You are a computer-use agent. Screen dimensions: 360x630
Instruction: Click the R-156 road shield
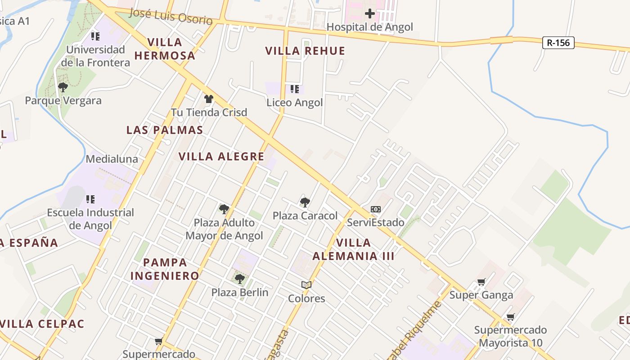(x=558, y=43)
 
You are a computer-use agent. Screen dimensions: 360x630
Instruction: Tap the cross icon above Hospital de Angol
(x=369, y=13)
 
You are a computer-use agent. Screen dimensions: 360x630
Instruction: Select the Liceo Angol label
(x=295, y=103)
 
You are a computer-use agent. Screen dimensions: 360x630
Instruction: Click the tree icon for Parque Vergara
(x=63, y=87)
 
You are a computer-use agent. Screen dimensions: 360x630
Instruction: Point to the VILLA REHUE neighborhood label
(x=305, y=51)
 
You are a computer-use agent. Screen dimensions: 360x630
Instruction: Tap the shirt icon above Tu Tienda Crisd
(x=208, y=99)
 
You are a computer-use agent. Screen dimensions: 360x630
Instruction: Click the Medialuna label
(x=112, y=159)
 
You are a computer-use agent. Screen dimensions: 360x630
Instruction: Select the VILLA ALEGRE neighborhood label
(x=221, y=157)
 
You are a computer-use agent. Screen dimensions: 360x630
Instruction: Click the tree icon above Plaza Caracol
(x=305, y=202)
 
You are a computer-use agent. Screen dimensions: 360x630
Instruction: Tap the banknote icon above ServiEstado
(x=375, y=209)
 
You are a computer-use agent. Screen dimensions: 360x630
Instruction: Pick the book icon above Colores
(x=306, y=285)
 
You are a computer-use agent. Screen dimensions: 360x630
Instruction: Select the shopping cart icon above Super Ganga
(x=481, y=282)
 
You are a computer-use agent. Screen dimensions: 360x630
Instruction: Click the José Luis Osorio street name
(x=171, y=17)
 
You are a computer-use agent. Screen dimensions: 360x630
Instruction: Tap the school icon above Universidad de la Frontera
(x=95, y=36)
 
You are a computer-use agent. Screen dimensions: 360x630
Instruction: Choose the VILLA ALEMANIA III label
(x=353, y=249)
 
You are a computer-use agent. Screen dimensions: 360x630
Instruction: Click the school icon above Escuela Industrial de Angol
(x=90, y=199)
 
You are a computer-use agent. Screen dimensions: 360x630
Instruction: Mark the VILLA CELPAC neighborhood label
(x=42, y=324)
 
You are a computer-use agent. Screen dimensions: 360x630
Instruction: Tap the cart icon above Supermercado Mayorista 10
(x=510, y=317)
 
